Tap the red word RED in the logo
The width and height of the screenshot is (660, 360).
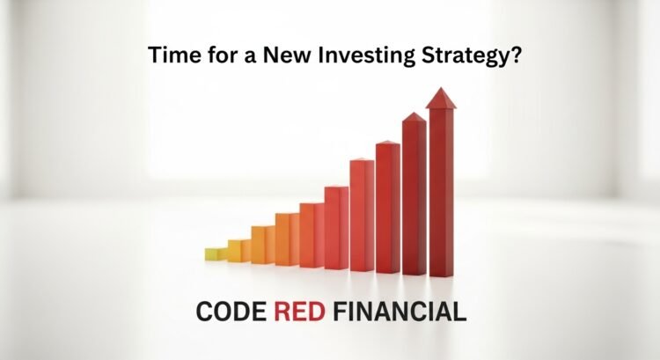pos(301,312)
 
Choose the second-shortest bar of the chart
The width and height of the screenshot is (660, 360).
pos(238,251)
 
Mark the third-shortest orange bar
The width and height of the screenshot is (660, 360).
pos(262,245)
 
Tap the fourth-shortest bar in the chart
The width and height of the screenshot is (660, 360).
pos(286,239)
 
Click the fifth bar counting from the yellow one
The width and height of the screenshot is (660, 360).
pos(311,235)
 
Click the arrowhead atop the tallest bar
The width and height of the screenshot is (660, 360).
pos(440,96)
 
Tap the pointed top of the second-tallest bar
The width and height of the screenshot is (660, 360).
pos(414,119)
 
